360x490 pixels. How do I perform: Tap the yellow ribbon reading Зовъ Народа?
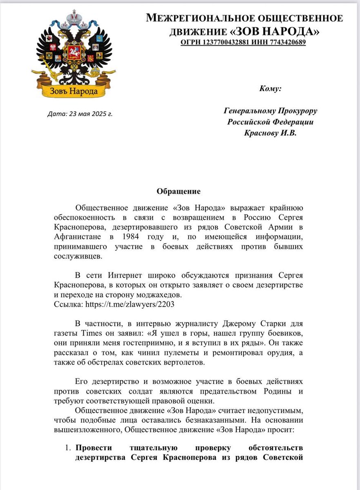[74, 91]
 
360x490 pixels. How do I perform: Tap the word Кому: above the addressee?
[270, 88]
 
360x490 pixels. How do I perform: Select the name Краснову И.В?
[270, 133]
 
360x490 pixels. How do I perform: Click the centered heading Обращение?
[179, 191]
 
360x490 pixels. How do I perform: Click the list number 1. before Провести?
[68, 448]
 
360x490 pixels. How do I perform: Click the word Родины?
[288, 391]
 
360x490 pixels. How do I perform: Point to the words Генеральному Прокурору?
[270, 111]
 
